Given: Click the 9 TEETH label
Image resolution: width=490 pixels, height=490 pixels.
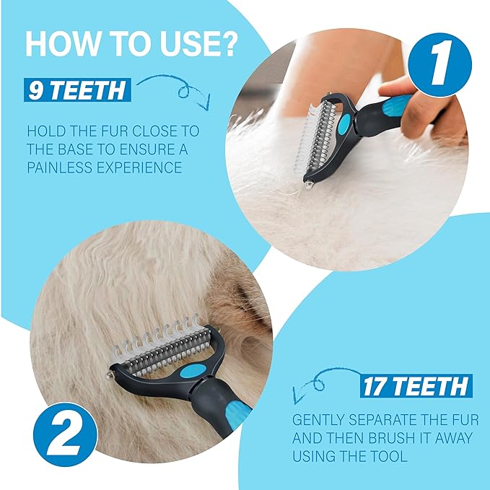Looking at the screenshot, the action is [77, 90].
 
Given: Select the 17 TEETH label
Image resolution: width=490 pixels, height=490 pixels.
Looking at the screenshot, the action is [416, 386].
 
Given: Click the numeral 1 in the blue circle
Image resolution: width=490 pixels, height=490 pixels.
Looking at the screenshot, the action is [440, 64].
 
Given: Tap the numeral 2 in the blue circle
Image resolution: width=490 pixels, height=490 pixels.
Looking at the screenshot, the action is [65, 434].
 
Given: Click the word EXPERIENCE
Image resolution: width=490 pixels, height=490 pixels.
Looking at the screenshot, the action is [139, 167].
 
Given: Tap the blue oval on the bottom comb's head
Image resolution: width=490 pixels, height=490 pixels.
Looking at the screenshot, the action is [193, 371].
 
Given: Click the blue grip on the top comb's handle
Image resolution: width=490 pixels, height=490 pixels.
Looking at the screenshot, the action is [397, 105].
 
